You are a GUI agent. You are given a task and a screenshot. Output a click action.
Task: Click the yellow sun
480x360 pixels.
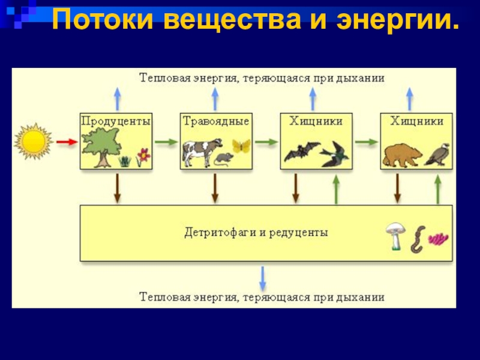coord(34,142)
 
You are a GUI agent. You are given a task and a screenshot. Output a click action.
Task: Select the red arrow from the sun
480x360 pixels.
coord(67,142)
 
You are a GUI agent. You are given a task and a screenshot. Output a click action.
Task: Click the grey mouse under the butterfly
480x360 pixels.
coord(224,159)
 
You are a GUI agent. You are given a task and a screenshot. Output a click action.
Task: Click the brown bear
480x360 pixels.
coord(402,154)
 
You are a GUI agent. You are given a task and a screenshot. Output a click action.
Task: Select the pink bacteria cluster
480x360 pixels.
coord(439,239)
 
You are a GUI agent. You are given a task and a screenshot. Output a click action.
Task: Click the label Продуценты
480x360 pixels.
coord(116,121)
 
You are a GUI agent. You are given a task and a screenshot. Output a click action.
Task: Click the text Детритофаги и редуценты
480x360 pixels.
coord(256,232)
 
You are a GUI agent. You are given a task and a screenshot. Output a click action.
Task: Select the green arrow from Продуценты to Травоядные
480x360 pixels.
coord(166,142)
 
